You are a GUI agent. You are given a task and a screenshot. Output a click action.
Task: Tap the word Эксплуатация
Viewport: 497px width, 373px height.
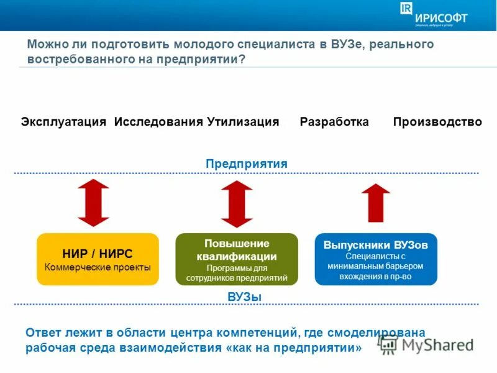[x=64, y=122]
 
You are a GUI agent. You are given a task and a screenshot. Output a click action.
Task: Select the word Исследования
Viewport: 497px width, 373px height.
[x=158, y=122]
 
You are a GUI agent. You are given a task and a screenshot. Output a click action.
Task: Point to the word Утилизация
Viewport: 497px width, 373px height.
[x=243, y=122]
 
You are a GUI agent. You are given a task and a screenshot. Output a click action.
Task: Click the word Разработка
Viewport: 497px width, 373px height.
[x=334, y=122]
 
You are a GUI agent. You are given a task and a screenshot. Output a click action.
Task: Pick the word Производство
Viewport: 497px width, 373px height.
[x=437, y=122]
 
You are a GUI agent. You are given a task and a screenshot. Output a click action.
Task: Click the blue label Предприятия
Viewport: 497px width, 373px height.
[x=247, y=163]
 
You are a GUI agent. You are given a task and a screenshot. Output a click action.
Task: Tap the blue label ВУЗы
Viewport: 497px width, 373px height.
[x=245, y=297]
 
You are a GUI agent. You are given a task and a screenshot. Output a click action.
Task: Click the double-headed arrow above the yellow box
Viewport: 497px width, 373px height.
[x=93, y=203]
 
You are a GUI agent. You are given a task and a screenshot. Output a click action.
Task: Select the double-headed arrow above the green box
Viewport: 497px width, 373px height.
[x=237, y=203]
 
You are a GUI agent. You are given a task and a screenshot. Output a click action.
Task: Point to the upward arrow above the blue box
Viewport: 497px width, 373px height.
[x=376, y=203]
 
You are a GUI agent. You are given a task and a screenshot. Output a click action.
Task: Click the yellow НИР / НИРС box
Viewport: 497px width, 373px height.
[x=98, y=259]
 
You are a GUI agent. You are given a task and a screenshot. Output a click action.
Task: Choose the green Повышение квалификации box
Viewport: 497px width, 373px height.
[x=237, y=259]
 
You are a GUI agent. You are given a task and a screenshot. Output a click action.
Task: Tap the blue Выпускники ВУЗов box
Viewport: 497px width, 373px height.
[x=376, y=259]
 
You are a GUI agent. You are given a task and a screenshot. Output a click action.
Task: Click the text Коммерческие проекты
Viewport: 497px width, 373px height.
[x=98, y=267]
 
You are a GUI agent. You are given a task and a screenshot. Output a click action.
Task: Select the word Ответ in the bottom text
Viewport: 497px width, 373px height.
[x=45, y=333]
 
